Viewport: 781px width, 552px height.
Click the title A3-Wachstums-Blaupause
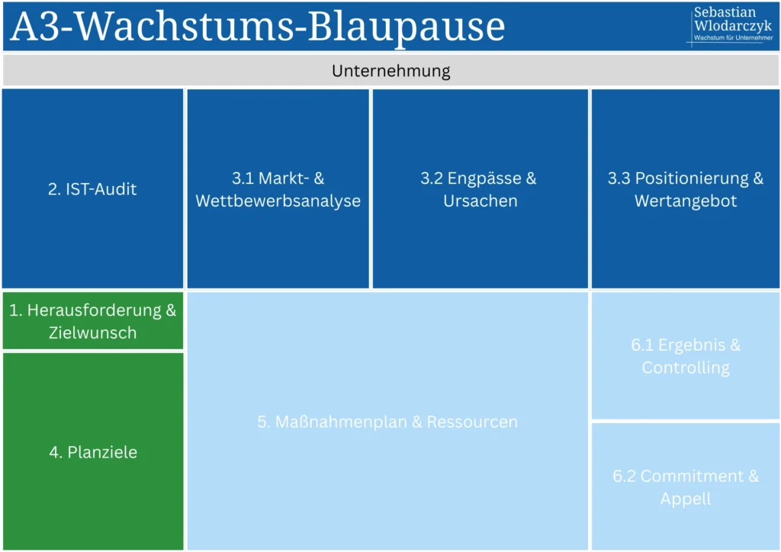point(258,27)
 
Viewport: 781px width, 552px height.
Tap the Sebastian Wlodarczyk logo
point(731,24)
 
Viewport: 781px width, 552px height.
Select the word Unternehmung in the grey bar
point(390,71)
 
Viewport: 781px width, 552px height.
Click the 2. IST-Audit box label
point(92,189)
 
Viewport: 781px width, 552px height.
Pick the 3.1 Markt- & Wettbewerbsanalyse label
point(278,190)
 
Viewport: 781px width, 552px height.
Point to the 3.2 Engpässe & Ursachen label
point(480,190)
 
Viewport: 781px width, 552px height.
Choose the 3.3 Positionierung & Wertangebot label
point(685,190)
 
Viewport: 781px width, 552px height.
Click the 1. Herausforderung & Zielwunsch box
point(92,321)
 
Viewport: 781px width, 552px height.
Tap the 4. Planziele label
point(93,452)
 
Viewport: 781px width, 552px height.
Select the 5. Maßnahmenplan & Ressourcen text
point(387,422)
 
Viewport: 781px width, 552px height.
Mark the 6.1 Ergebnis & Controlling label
point(685,356)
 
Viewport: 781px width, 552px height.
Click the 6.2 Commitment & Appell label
point(685,487)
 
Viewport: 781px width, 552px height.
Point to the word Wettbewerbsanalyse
point(278,201)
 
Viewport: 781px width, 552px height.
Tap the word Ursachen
point(480,201)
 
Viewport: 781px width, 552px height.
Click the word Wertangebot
point(685,201)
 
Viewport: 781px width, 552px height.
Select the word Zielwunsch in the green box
point(92,332)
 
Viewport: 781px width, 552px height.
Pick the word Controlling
point(685,367)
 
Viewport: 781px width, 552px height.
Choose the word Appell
point(685,499)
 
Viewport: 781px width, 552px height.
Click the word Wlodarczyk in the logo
point(733,26)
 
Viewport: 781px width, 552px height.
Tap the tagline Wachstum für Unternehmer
point(733,38)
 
